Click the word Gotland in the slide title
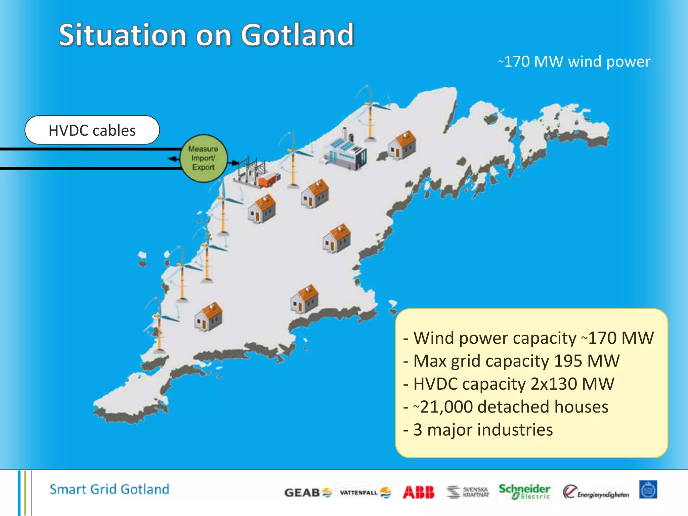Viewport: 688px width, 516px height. coord(297,35)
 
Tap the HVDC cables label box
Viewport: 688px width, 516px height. coord(92,130)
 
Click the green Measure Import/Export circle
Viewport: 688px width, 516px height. coord(204,158)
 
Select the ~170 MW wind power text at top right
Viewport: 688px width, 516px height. coord(574,62)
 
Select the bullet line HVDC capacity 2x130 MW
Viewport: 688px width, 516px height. coord(509,384)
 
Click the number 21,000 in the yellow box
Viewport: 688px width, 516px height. coord(446,407)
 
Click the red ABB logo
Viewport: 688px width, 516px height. coord(418,492)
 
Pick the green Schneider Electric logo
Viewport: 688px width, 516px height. coord(524,491)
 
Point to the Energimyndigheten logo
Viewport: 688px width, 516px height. coord(596,492)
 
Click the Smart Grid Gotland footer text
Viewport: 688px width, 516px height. coord(110,489)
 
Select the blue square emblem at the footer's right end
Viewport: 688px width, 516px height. coord(648,490)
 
